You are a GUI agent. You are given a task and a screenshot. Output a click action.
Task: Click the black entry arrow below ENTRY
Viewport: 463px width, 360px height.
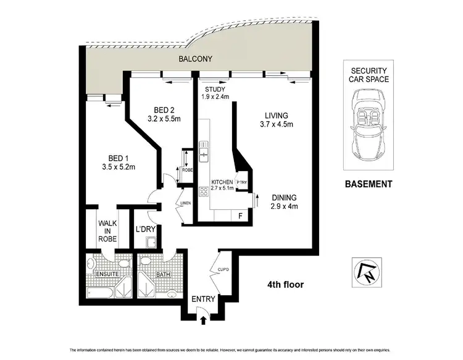204,319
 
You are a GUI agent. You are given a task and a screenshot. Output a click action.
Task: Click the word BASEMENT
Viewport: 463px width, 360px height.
368,183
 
